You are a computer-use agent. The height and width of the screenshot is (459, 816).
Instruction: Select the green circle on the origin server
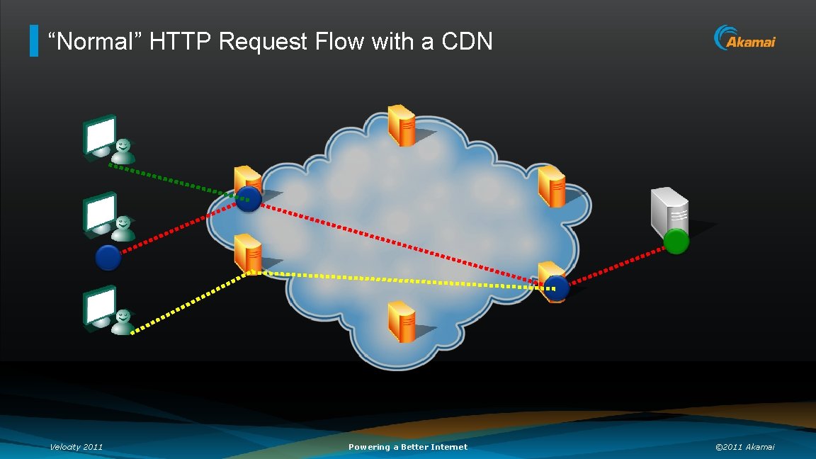[676, 242]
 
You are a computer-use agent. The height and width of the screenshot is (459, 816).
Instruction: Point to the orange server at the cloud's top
[401, 125]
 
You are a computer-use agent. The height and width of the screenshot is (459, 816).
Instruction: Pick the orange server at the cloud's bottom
[401, 321]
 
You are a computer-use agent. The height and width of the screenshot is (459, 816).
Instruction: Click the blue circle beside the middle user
[108, 257]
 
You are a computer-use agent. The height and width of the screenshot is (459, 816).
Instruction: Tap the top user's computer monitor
[99, 136]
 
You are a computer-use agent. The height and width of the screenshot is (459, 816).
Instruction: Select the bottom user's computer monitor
[99, 306]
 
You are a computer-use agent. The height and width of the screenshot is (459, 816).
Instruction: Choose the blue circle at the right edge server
[557, 288]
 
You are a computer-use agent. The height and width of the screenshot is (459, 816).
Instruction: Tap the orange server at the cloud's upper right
[551, 185]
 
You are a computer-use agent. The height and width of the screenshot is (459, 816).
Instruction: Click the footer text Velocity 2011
[76, 447]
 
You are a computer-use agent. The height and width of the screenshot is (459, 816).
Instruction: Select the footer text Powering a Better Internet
[408, 447]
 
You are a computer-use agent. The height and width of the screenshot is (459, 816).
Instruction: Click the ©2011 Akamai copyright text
[745, 447]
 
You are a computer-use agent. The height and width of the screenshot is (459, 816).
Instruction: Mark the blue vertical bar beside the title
[34, 41]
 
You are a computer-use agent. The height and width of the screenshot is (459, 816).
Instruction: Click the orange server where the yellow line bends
[248, 252]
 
